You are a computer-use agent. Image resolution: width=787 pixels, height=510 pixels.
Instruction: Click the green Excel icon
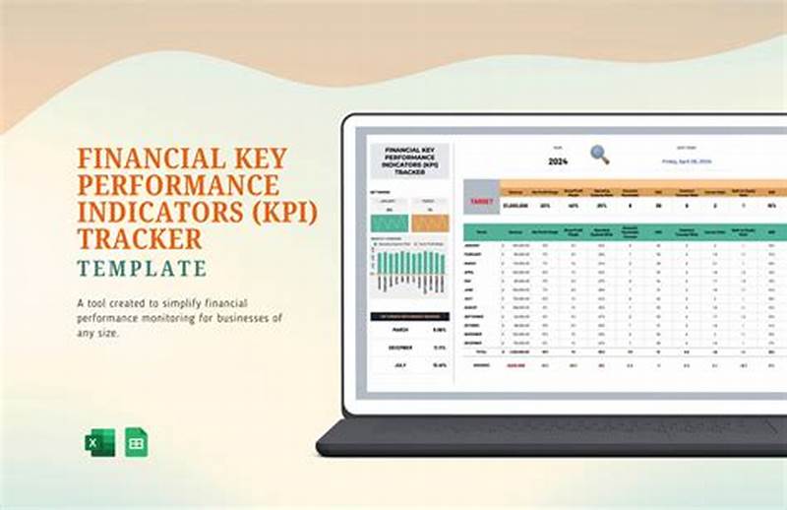[x=99, y=443]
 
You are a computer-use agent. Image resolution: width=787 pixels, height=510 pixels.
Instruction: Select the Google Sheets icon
[x=136, y=443]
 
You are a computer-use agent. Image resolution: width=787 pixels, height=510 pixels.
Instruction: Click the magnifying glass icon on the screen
[x=599, y=155]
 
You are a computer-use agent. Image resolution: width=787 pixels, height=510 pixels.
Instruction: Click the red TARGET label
[x=481, y=201]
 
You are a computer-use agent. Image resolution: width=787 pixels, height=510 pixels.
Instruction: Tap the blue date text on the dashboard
[x=688, y=160]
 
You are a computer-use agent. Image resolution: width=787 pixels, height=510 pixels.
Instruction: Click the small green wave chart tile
[x=389, y=223]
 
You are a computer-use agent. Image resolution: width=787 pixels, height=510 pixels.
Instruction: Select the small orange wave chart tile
[x=430, y=223]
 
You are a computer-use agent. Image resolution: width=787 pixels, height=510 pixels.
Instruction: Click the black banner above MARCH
[x=408, y=316]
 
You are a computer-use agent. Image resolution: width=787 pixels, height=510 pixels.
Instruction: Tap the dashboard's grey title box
[x=409, y=160]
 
